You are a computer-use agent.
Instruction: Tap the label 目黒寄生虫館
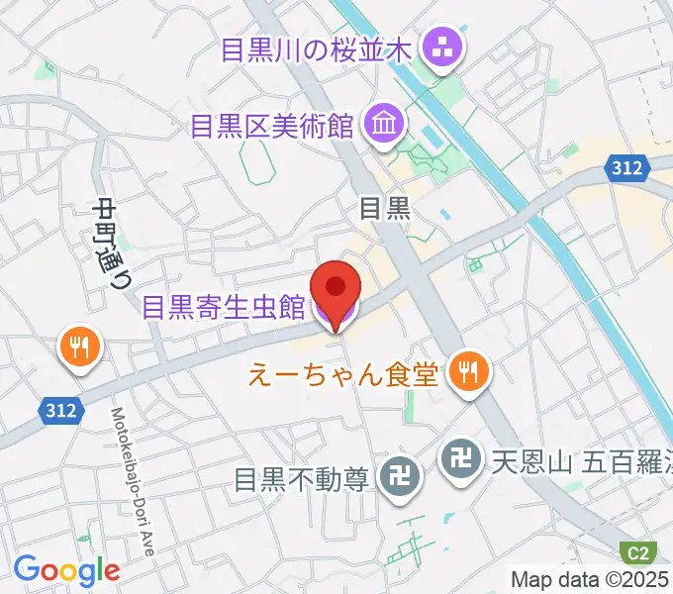click(x=224, y=308)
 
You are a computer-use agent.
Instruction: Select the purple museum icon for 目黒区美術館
click(x=381, y=125)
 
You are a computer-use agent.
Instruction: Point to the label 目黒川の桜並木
click(x=316, y=49)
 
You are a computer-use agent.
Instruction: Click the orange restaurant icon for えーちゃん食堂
click(x=464, y=372)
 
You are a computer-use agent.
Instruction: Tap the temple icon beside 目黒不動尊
click(x=404, y=479)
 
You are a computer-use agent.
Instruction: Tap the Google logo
click(x=66, y=570)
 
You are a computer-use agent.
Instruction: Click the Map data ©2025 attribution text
click(x=590, y=579)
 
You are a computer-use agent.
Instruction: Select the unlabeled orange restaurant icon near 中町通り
click(x=76, y=346)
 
